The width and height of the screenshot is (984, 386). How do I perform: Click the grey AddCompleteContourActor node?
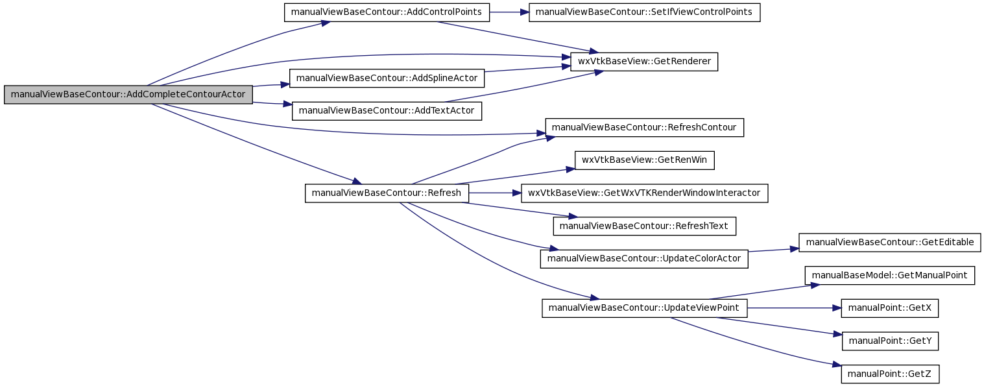pos(128,95)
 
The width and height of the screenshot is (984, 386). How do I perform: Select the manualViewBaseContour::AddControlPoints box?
pos(387,12)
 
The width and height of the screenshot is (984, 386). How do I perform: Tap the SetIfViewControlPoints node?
pos(644,12)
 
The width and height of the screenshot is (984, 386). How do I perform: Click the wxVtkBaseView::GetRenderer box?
pos(644,62)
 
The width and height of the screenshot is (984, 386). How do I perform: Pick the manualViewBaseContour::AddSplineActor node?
pos(387,78)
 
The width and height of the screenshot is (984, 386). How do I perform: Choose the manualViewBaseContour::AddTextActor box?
pos(387,111)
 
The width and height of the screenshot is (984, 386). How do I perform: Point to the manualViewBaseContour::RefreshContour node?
pos(644,127)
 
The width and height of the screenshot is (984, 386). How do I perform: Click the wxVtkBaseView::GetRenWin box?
pos(644,160)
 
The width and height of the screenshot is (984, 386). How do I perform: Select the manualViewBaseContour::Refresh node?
pos(387,193)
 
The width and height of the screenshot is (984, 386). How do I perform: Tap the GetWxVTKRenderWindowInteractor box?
pos(644,193)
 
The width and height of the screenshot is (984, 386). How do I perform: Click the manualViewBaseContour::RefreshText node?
pos(644,226)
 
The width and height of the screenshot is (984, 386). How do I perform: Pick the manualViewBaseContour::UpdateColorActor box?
pos(644,259)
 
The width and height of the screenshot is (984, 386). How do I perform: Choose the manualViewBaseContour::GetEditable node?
pos(889,243)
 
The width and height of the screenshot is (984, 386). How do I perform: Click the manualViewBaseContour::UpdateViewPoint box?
pos(644,308)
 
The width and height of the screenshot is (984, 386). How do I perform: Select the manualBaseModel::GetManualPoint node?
pos(889,275)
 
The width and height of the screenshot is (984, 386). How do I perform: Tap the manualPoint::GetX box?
pos(889,308)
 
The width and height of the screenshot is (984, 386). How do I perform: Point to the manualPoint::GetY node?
pos(889,341)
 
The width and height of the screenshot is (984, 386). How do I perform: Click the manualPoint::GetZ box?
pos(889,374)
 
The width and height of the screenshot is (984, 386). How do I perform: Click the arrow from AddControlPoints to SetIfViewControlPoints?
pos(509,12)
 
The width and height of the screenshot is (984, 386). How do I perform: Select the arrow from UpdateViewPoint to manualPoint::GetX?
pos(794,308)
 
